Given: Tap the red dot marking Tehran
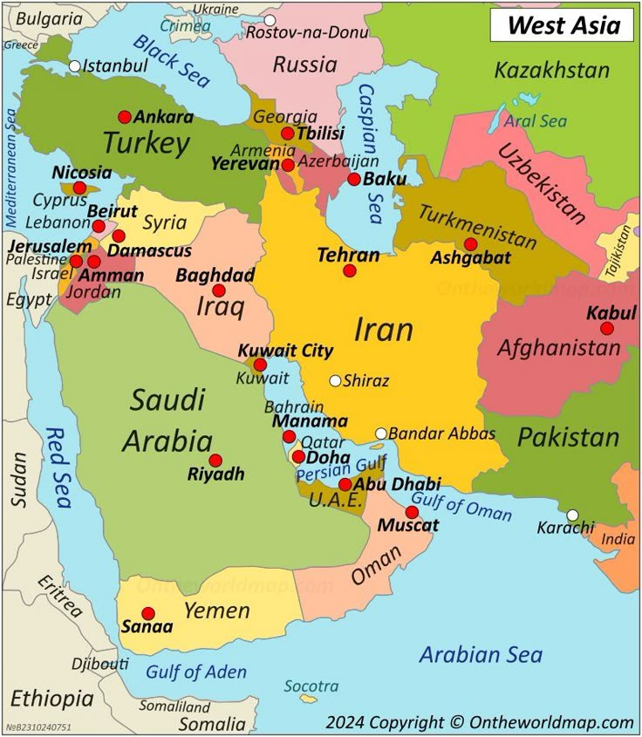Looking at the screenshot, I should tap(350, 270).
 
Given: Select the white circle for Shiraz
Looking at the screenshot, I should tap(335, 380).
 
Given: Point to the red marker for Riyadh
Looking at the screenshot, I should tap(215, 460).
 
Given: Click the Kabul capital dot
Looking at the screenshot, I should tap(607, 329).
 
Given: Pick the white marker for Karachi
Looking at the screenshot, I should tap(572, 515).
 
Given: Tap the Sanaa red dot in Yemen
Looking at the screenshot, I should tap(148, 613).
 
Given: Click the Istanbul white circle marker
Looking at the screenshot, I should tap(75, 65).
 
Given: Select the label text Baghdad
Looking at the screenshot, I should tap(215, 276).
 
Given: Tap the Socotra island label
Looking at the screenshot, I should tap(311, 686).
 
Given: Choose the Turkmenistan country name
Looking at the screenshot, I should tap(476, 226).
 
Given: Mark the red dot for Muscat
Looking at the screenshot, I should tap(412, 512).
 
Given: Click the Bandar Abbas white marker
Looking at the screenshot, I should tap(381, 433).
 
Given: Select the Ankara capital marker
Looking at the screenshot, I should tap(125, 117).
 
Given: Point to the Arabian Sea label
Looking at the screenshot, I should tap(481, 654).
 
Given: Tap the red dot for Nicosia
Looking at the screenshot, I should tap(79, 188).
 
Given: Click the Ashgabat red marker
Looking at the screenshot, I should tap(471, 244).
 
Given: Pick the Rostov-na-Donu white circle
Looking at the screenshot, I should tap(270, 20).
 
